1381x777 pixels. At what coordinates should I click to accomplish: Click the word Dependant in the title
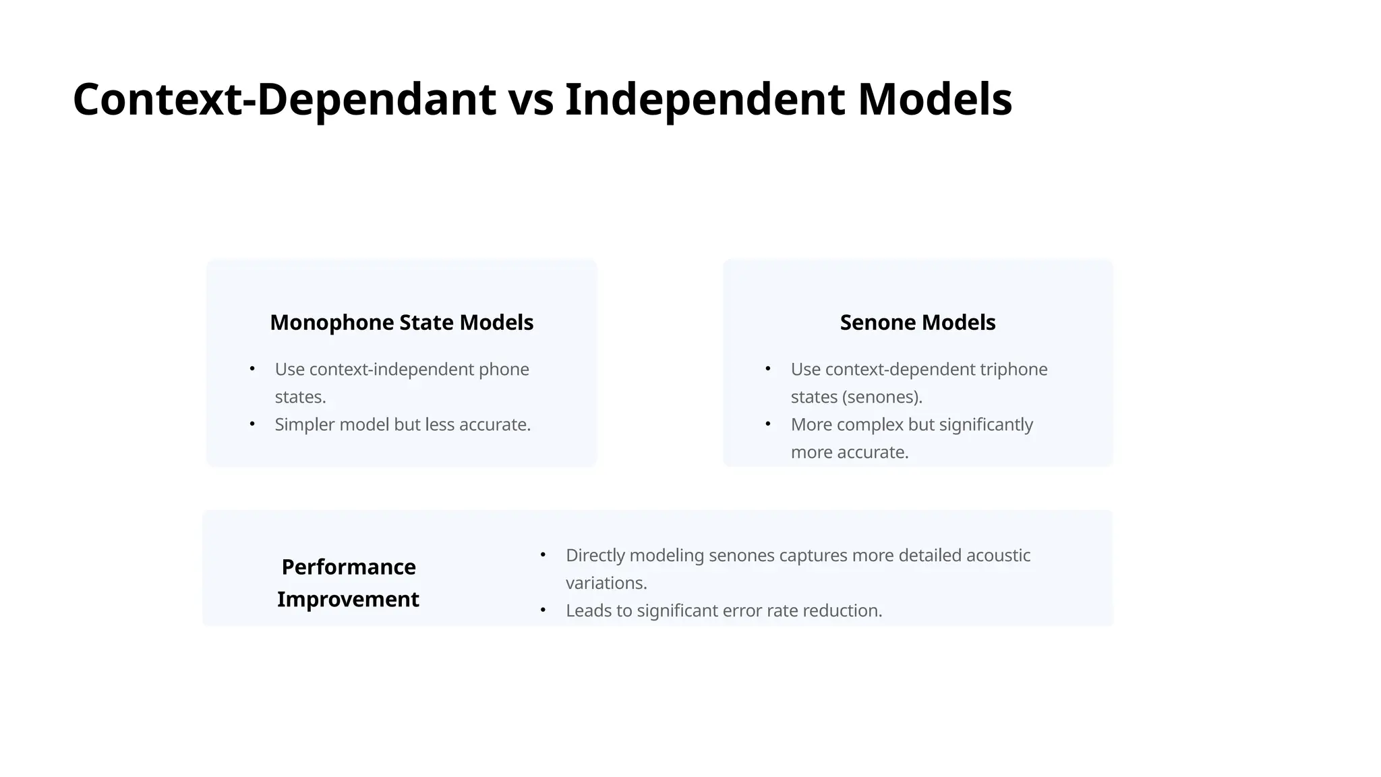[x=376, y=99]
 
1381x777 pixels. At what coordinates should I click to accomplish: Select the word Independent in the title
[x=705, y=99]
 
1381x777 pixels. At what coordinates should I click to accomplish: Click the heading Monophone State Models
[x=401, y=322]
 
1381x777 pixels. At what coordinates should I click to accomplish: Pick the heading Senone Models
[x=917, y=322]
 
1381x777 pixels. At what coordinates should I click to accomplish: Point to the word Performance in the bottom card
[x=348, y=567]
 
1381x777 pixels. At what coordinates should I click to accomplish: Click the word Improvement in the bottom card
[x=348, y=599]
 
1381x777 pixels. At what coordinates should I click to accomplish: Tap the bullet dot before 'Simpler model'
[x=252, y=424]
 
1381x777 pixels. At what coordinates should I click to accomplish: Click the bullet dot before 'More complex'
[x=768, y=424]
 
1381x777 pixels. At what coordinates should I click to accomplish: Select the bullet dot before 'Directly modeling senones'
[x=543, y=555]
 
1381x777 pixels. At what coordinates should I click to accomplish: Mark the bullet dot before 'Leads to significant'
[x=543, y=610]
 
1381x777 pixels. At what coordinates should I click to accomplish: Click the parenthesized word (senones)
[x=882, y=397]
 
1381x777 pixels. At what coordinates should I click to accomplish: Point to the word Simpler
[x=304, y=425]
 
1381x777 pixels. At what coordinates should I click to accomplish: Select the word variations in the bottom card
[x=606, y=583]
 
